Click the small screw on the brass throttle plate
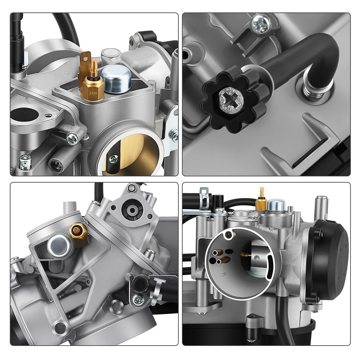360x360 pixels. (x=114, y=159)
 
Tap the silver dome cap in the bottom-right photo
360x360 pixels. (x=273, y=206)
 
